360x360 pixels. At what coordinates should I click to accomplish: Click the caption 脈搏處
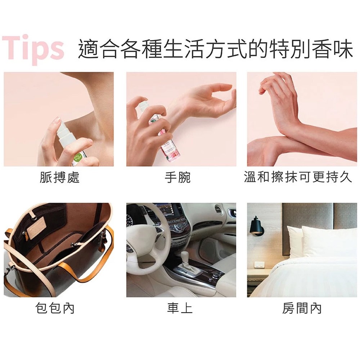(59, 177)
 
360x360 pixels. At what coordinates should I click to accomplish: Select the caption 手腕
(178, 177)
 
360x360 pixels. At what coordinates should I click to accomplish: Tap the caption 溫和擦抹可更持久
(298, 177)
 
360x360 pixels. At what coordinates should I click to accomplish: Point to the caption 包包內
(55, 308)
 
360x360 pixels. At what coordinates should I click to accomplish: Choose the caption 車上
(180, 308)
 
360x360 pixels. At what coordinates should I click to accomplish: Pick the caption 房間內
(302, 308)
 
